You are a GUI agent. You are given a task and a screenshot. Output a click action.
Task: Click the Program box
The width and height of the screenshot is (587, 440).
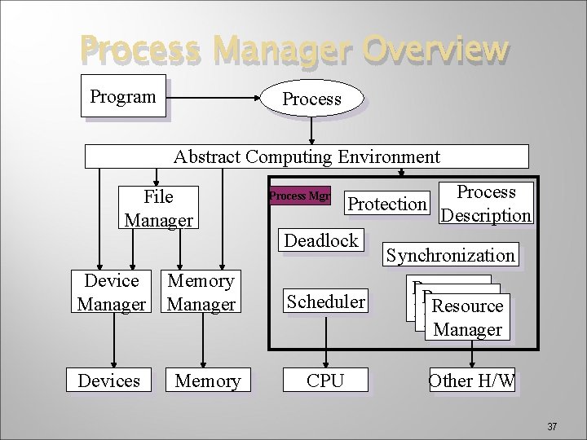click(123, 96)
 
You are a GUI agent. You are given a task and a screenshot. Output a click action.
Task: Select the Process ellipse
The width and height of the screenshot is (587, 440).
click(311, 99)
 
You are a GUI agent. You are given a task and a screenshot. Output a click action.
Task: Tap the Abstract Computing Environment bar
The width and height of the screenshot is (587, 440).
click(307, 156)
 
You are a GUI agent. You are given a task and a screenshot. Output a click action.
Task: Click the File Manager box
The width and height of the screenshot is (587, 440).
click(158, 208)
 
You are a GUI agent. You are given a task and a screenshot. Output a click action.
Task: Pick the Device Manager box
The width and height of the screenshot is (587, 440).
click(111, 293)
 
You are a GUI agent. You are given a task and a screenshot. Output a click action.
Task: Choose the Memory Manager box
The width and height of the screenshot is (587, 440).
click(201, 293)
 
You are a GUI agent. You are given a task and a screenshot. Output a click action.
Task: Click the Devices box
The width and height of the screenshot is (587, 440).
click(108, 381)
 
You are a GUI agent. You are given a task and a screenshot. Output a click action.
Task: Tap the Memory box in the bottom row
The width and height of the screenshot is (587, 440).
click(207, 381)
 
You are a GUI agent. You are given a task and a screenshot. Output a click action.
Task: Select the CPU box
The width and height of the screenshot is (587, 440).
click(325, 381)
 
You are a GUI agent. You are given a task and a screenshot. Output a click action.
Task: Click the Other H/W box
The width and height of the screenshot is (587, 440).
click(472, 381)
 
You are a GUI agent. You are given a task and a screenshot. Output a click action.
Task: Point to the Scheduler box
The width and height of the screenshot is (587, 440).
click(325, 301)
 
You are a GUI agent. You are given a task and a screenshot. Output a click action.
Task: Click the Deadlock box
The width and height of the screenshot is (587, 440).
click(320, 240)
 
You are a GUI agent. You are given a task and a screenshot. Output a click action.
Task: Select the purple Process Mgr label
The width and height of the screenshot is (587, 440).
click(299, 196)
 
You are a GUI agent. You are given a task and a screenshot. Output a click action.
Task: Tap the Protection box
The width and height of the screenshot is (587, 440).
click(386, 204)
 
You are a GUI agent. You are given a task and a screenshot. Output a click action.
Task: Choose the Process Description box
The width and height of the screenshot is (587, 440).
click(486, 204)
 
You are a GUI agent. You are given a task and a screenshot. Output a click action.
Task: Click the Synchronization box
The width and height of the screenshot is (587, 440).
click(450, 255)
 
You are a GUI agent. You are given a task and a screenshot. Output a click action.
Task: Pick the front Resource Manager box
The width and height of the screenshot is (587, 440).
click(468, 317)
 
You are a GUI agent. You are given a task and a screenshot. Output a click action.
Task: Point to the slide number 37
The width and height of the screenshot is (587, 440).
click(552, 426)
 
